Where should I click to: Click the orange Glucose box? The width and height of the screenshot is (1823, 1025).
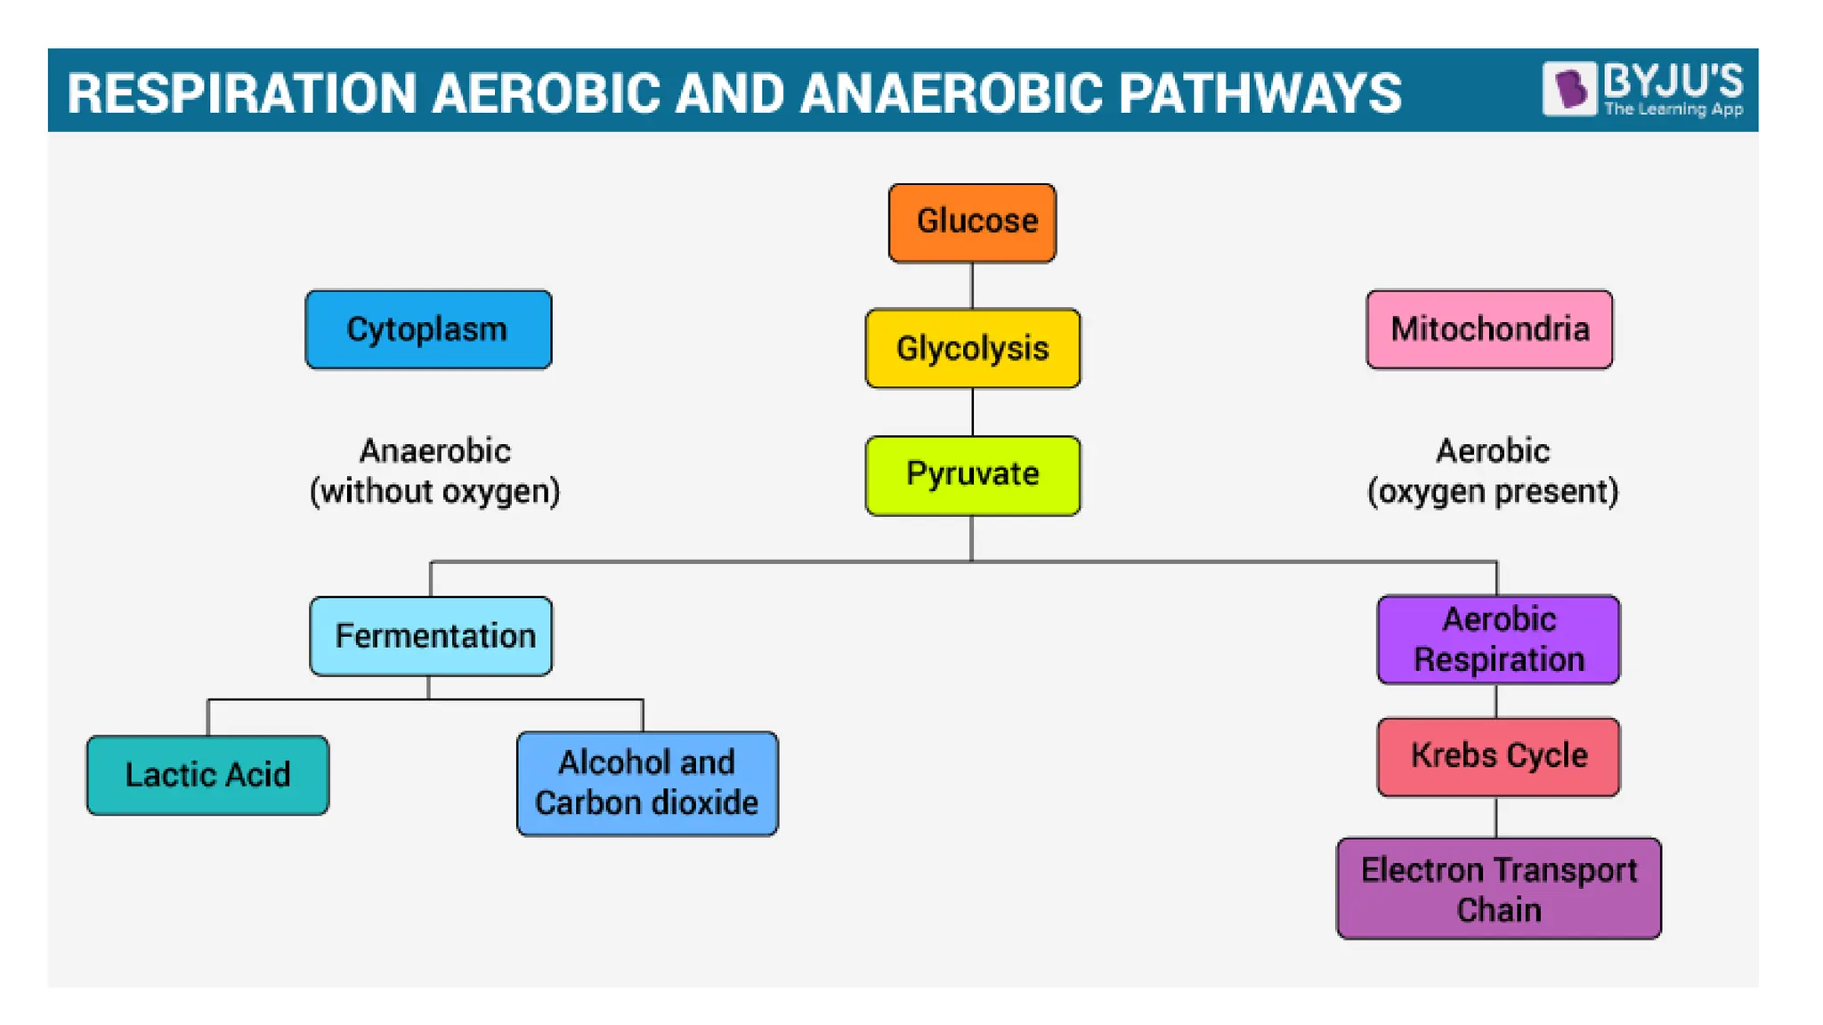[972, 222]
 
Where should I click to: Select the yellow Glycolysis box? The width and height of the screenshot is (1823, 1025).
[972, 348]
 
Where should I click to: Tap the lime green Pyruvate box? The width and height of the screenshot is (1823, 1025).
[972, 475]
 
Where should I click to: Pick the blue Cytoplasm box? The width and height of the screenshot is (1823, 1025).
[428, 329]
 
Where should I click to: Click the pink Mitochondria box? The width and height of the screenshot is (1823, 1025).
[1489, 329]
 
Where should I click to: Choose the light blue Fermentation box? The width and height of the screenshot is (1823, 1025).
[431, 636]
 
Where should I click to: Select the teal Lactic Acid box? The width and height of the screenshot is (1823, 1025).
[207, 775]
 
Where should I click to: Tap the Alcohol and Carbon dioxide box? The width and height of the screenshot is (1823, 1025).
[647, 783]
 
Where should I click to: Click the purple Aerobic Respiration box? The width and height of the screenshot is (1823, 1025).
[1498, 640]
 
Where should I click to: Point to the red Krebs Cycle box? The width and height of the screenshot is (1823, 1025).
[1498, 756]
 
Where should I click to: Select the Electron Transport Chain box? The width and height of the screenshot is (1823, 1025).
[1498, 888]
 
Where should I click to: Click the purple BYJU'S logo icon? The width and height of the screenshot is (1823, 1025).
[1569, 88]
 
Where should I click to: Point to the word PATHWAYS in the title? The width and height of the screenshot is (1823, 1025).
[1260, 93]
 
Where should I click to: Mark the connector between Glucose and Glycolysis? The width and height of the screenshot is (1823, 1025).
[972, 286]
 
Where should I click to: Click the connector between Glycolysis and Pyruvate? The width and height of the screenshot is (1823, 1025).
[972, 412]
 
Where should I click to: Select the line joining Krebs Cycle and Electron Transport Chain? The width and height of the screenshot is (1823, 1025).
[1496, 817]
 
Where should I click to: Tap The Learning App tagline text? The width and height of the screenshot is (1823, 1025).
[1673, 109]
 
